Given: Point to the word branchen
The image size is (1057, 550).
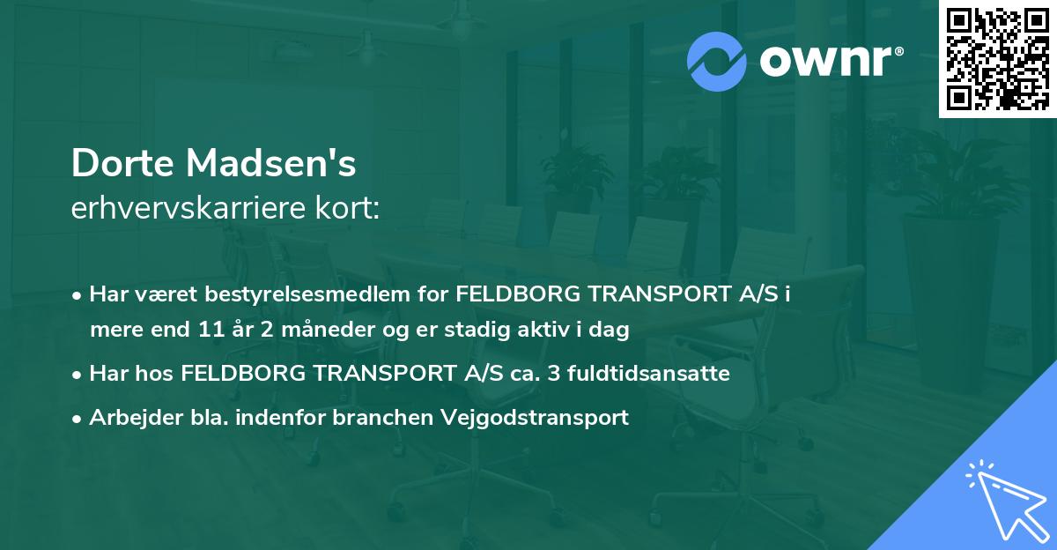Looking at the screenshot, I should [374, 418].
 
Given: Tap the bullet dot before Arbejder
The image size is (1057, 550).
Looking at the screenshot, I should [78, 419].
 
